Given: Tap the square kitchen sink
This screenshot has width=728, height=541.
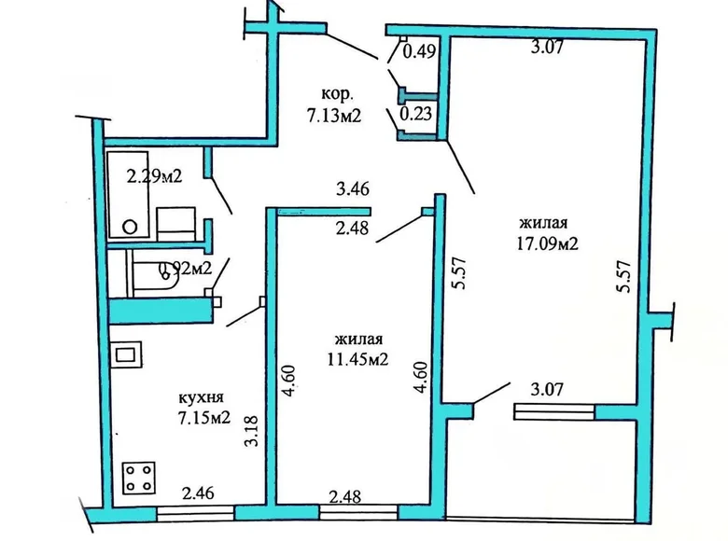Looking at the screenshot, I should point(125,355).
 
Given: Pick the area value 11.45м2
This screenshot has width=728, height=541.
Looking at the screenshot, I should point(357,359).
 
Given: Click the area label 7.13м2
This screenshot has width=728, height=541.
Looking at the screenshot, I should point(333,116).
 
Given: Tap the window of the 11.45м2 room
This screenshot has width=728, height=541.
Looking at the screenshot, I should point(358,511).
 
